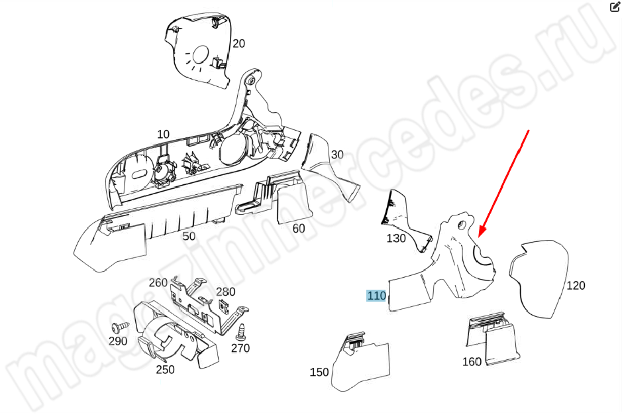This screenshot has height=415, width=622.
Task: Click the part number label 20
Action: tap(238, 43)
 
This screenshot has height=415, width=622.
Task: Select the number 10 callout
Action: tap(163, 134)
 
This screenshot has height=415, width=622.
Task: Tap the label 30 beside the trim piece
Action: tap(337, 154)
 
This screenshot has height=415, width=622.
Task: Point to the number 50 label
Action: tap(189, 236)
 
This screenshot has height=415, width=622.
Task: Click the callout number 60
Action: tap(298, 228)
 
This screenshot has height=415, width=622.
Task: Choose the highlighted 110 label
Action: tap(376, 296)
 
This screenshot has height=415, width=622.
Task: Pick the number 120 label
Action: tap(576, 286)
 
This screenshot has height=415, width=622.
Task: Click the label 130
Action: tap(396, 238)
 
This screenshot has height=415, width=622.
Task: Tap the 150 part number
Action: tap(319, 372)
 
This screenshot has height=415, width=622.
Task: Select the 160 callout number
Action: tap(472, 361)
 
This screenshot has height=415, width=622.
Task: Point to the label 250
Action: tap(165, 370)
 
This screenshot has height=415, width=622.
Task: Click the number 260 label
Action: tap(158, 283)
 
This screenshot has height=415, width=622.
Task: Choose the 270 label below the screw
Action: tap(240, 348)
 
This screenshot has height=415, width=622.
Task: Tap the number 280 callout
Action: tap(226, 292)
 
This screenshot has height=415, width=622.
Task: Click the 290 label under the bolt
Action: tap(118, 341)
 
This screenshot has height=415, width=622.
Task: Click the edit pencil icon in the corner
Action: tap(615, 7)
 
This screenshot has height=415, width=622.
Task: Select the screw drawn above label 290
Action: tap(120, 327)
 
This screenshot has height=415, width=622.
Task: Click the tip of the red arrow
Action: tap(479, 237)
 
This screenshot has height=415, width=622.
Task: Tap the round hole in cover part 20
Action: tap(201, 54)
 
